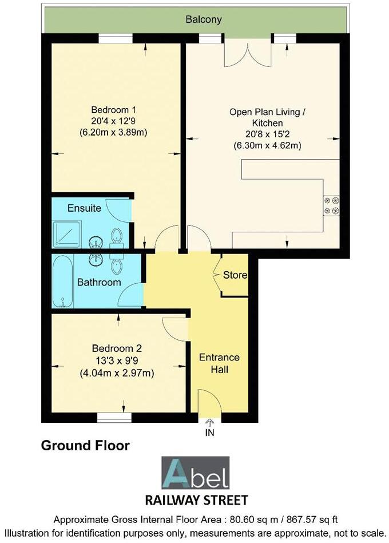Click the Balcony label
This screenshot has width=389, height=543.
tap(203, 19)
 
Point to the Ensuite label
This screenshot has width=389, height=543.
tap(84, 208)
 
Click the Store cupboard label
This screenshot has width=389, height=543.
tap(235, 275)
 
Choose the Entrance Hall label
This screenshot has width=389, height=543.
tap(219, 363)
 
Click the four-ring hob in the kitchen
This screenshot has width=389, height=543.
tap(331, 205)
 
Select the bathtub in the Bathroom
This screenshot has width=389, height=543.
tap(62, 282)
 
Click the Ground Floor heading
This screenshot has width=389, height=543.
tap(85, 445)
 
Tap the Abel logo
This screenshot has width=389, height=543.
tap(195, 473)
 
